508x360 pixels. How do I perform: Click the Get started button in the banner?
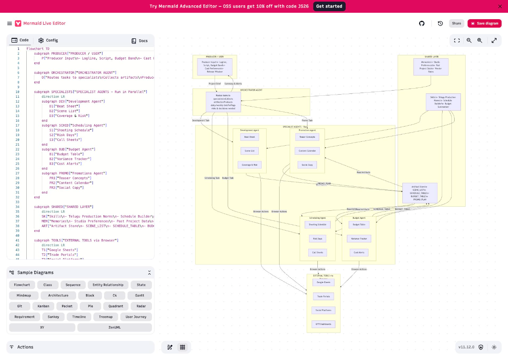coord(329,6)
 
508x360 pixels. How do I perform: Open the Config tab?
coord(48,40)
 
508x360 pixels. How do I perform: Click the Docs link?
coord(140,41)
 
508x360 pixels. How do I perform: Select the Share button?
coord(456,23)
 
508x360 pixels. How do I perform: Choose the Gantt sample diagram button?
coord(140,295)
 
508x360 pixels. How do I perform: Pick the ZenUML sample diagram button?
coord(114,327)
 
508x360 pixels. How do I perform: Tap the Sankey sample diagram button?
coord(53,316)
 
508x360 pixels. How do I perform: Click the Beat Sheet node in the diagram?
coord(250,137)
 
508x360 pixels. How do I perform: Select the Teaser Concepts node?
coord(307,137)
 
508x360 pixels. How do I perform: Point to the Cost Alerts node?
coord(359,252)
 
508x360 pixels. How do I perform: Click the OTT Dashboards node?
coord(323,324)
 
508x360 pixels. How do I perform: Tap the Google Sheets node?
coord(323,282)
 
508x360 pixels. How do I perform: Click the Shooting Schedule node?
coord(317,224)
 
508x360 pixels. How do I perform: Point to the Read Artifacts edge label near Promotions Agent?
coord(363,172)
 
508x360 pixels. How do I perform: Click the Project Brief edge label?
coord(215,84)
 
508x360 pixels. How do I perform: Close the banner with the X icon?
coord(500,6)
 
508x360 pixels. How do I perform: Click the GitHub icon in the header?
coord(422,23)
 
